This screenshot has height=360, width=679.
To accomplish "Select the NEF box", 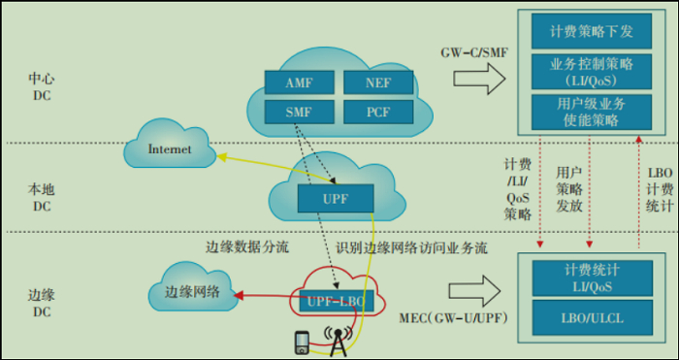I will coord(378,82).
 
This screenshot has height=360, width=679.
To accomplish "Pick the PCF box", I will coord(378,113).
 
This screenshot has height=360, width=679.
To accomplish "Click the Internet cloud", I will coord(170,150).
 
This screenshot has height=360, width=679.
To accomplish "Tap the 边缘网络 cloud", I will coord(192,292).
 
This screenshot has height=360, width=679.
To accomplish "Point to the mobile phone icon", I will coord(303,343).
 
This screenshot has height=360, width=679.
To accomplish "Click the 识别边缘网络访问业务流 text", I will coord(411,246).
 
